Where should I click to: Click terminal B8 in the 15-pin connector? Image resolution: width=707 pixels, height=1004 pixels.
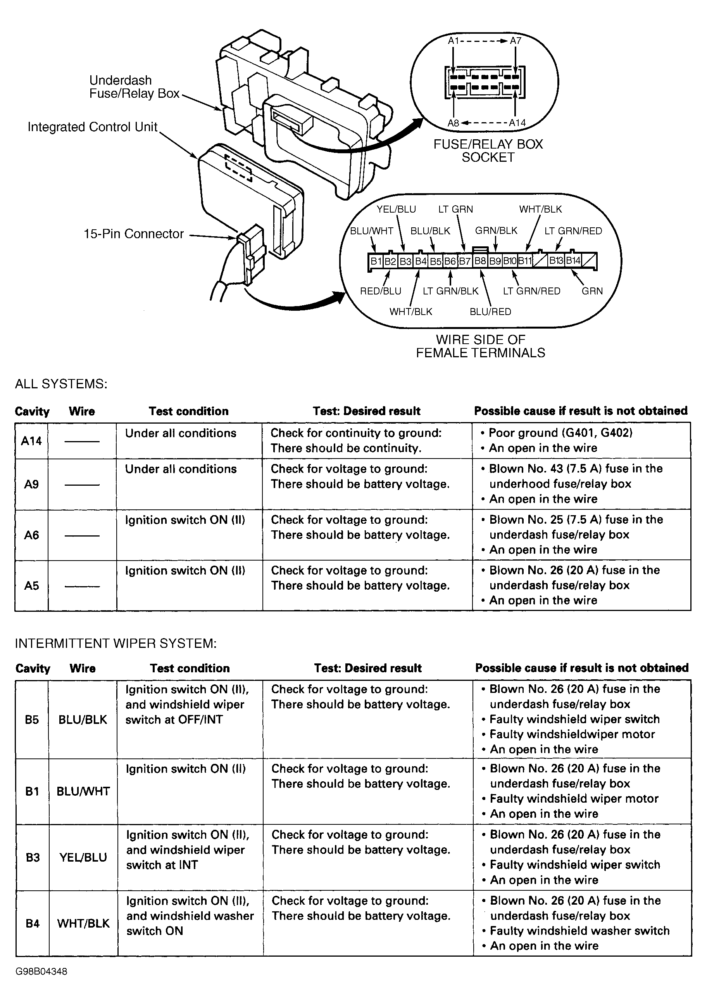tap(480, 261)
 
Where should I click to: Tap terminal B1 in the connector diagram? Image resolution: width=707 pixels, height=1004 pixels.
tap(376, 261)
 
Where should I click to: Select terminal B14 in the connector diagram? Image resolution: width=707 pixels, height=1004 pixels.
tap(573, 261)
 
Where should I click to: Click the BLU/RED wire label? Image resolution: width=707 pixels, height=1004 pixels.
tap(490, 312)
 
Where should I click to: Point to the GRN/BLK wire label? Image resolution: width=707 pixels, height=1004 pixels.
tap(496, 231)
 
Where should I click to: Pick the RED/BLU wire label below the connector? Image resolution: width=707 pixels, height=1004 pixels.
tap(380, 291)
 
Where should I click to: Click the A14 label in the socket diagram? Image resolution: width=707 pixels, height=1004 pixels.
tap(517, 123)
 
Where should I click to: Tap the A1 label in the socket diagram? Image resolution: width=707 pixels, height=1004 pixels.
tap(454, 41)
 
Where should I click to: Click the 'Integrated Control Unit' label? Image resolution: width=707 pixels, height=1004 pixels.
tap(92, 127)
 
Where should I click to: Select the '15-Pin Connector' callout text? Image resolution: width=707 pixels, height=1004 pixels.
tap(133, 234)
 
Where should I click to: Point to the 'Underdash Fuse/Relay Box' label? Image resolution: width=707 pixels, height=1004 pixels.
tap(134, 87)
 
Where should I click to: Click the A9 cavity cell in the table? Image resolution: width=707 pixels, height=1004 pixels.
tap(31, 484)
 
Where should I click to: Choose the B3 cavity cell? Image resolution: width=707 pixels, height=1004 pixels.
tap(33, 857)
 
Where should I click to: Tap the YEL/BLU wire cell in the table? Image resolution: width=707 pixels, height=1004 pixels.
tap(83, 857)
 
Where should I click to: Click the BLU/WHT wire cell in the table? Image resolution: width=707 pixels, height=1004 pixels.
tap(83, 791)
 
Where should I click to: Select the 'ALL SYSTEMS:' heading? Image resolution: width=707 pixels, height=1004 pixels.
tap(61, 384)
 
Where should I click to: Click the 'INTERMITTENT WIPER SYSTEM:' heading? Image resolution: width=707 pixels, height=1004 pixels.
tap(116, 643)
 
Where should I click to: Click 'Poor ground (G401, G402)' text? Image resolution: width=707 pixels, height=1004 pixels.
tap(560, 433)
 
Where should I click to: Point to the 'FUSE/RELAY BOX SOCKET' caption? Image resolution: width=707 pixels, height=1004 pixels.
tap(488, 151)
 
